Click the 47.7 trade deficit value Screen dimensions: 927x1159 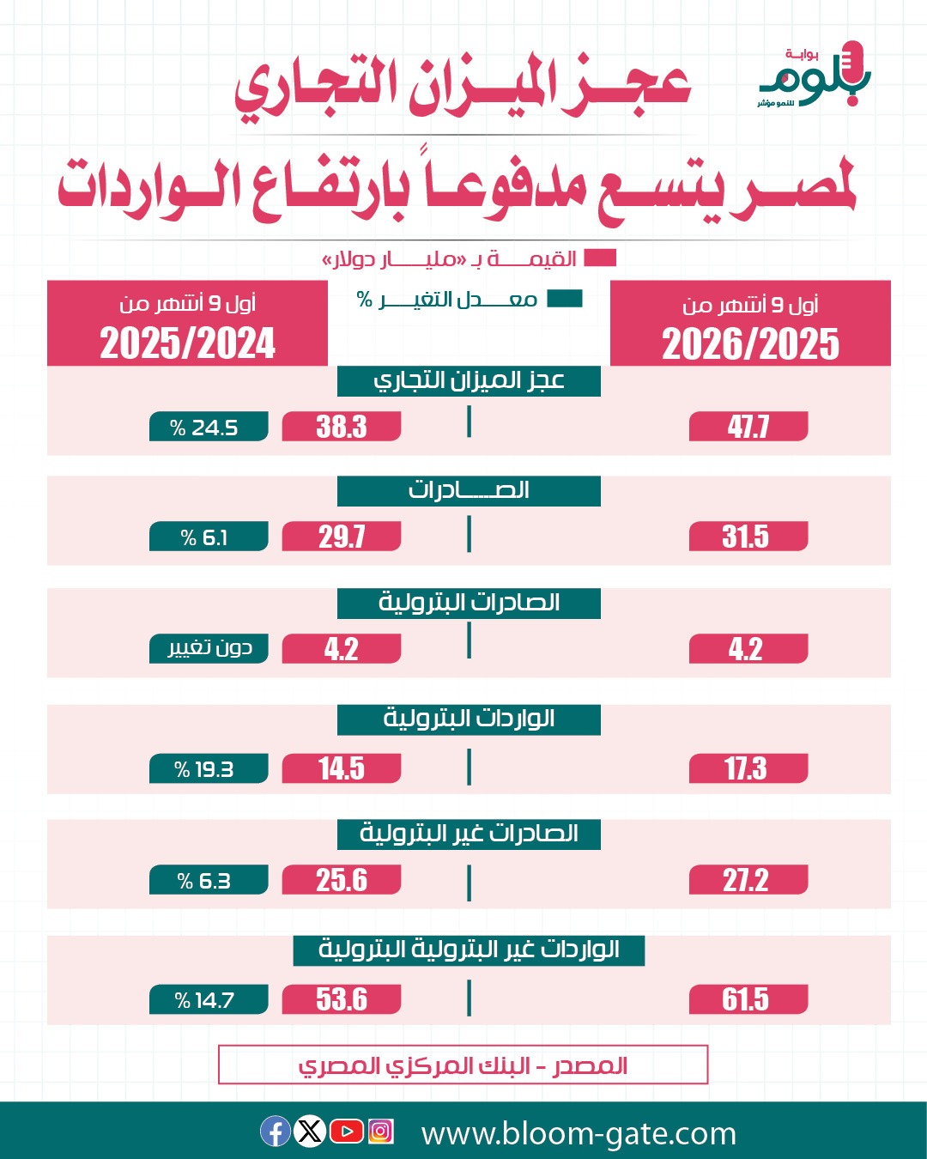coord(748,427)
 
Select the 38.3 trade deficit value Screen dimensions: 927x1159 coord(342,427)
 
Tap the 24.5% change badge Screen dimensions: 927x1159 coord(209,427)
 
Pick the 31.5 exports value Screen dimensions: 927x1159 coord(748,537)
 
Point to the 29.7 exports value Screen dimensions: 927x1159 coord(342,537)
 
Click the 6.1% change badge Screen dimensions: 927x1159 coord(209,537)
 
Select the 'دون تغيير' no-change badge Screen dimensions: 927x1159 coord(209,648)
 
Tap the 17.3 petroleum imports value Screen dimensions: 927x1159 coord(748,768)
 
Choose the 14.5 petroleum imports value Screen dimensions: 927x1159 coord(342,768)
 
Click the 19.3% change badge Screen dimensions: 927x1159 coord(209,768)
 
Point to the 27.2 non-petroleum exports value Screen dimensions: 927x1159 coord(748,880)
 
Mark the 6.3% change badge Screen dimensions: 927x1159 coord(209,880)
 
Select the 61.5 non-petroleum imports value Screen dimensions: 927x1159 coord(748,999)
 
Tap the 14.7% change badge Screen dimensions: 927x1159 coord(209,999)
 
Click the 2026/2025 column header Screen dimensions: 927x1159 coord(750,323)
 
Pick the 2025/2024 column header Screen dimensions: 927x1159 coord(187,323)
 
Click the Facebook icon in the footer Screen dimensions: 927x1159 coord(276,1131)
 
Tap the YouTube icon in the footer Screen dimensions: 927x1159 coord(347,1131)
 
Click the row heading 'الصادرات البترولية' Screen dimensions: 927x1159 coord(469,604)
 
